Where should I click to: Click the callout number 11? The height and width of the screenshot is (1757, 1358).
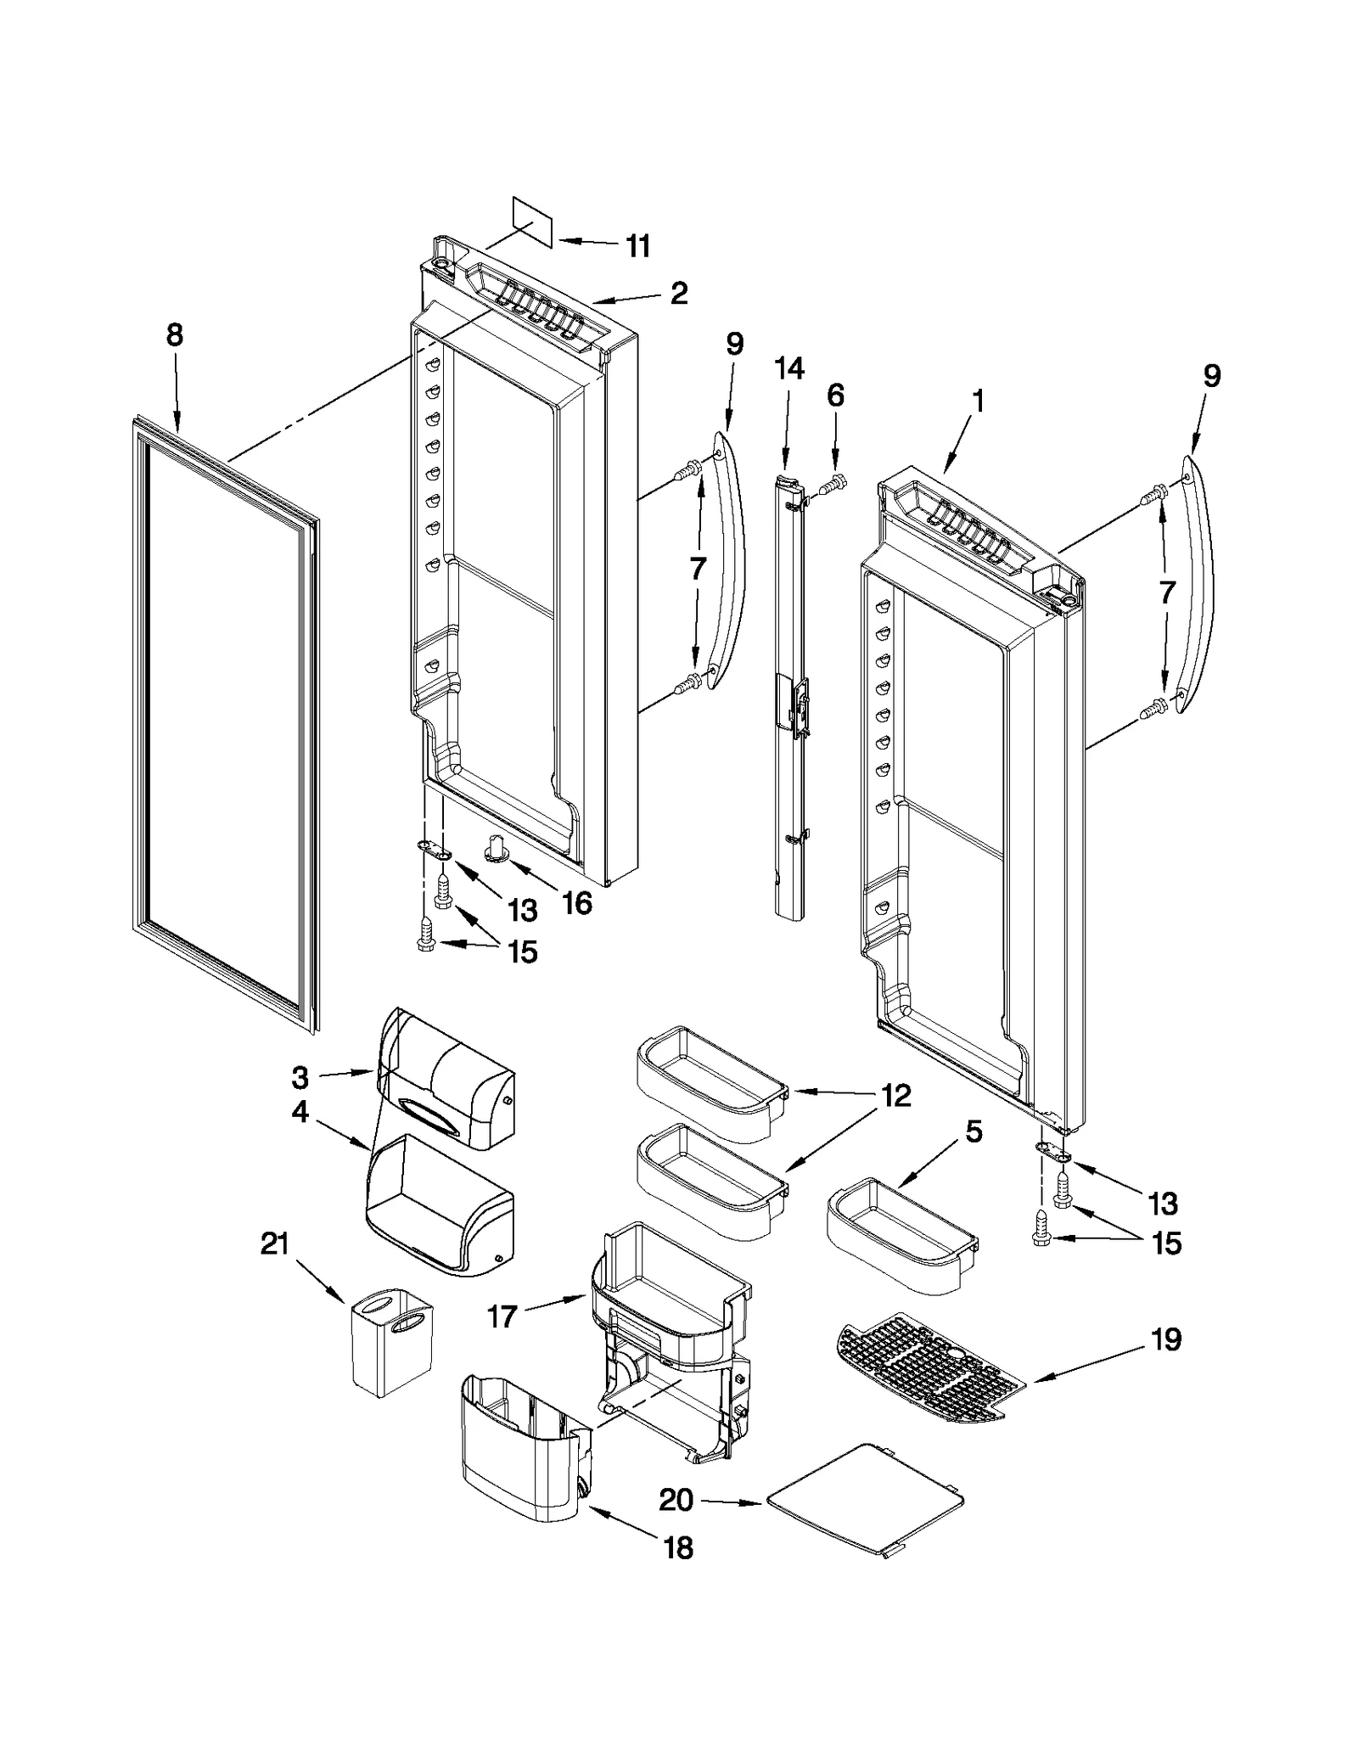point(637,246)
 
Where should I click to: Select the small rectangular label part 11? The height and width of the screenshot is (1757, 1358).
point(532,222)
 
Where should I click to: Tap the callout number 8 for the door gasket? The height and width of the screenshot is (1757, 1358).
point(174,335)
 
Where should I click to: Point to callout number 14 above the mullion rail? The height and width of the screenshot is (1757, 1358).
point(788,368)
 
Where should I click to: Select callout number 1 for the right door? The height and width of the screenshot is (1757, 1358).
point(978,401)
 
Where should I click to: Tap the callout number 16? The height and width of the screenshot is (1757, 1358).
point(577,903)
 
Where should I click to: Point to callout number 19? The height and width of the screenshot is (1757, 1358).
point(1166,1339)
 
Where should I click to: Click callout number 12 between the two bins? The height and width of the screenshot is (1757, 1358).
point(895,1097)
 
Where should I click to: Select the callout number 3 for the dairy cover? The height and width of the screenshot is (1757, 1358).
point(300,1078)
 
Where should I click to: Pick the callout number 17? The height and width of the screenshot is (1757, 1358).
point(502,1316)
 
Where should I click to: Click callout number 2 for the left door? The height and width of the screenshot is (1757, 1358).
point(678,294)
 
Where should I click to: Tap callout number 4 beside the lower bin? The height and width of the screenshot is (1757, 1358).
point(300,1113)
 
